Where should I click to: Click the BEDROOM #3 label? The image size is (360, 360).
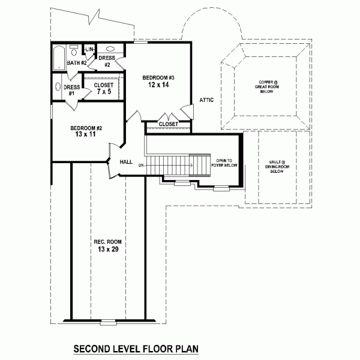(158, 77)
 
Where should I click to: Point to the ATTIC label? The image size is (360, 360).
(206, 100)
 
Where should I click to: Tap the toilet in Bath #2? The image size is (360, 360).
(74, 48)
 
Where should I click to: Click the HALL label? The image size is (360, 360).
(126, 161)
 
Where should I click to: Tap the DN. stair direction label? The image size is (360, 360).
(142, 164)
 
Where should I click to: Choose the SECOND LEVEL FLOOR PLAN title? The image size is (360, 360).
(136, 348)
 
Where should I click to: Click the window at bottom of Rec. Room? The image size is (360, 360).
(108, 322)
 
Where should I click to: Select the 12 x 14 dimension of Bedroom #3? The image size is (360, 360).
(158, 86)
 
